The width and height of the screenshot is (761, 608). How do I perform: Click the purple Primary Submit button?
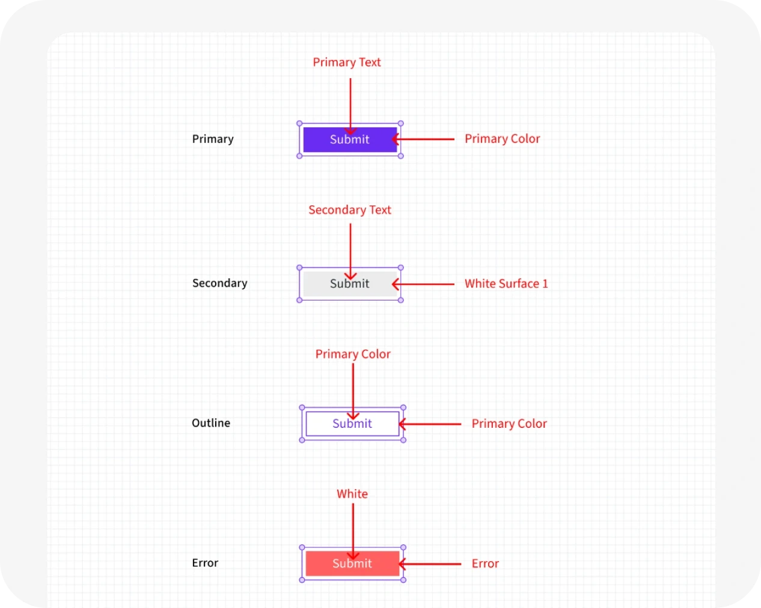350,139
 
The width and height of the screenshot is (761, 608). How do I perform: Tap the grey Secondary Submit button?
350,284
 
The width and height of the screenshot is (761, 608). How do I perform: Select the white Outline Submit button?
353,424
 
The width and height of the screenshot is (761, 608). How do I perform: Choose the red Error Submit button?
353,564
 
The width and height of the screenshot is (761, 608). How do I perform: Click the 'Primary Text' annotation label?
347,62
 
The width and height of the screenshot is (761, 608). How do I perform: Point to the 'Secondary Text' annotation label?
350,210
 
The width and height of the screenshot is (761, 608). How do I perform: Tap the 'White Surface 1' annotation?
506,284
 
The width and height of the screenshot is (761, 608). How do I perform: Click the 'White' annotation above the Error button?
352,494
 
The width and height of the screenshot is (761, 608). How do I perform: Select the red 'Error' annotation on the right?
485,564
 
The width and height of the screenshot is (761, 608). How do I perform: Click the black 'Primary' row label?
213,139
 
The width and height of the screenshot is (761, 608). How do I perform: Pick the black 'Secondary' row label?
219,283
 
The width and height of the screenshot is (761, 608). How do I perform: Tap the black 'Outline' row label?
211,423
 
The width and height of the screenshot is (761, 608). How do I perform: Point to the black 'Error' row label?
205,563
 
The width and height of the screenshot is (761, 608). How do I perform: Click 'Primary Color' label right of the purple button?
503,139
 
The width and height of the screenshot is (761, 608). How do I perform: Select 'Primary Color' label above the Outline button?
353,354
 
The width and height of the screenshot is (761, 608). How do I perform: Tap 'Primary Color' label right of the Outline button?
509,424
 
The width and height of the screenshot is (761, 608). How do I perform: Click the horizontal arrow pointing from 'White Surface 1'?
423,284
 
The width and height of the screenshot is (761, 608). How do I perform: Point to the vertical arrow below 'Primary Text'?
350,107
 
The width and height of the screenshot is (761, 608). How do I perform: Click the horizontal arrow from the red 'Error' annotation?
430,564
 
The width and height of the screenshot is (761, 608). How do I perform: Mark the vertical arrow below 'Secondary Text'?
350,252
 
